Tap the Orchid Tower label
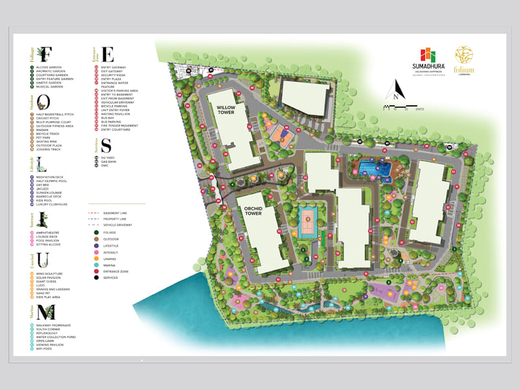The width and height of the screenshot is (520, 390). click(x=253, y=211)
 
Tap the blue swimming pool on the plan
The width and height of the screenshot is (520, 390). click(x=373, y=169)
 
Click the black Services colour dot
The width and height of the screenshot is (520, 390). click(x=96, y=278)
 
